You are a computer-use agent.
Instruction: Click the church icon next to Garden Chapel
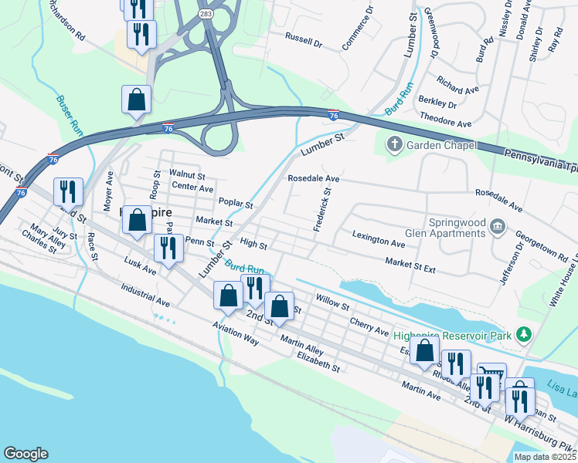click(394, 144)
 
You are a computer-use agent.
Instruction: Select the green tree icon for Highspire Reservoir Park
click(525, 334)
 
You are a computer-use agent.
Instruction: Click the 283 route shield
click(206, 14)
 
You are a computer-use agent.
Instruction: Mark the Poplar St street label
click(236, 204)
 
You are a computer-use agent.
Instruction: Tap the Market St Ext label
click(410, 266)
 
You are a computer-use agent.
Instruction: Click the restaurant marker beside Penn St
click(165, 247)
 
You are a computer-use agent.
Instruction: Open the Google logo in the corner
click(25, 454)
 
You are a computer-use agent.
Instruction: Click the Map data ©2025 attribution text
click(545, 457)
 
